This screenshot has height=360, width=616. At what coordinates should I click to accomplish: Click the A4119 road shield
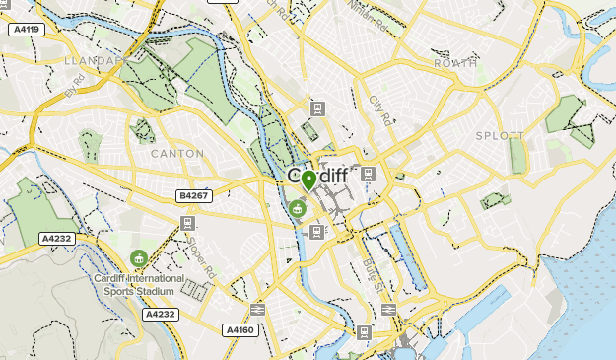pyautogui.click(x=26, y=30)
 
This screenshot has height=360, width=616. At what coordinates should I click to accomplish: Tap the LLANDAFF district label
pyautogui.click(x=91, y=60)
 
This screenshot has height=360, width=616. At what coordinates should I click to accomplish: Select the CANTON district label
pyautogui.click(x=177, y=154)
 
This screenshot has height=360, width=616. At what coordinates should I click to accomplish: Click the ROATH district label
pyautogui.click(x=454, y=63)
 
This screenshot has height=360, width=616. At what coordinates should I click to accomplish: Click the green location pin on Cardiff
pyautogui.click(x=308, y=180)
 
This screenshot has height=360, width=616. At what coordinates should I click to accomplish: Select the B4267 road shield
pyautogui.click(x=194, y=196)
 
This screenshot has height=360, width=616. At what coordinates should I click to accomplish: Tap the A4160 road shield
pyautogui.click(x=240, y=329)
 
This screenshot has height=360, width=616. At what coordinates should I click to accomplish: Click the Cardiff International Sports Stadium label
pyautogui.click(x=139, y=284)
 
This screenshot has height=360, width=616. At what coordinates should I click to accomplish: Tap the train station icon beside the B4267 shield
pyautogui.click(x=186, y=224)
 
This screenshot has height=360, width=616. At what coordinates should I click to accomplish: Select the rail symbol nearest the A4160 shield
pyautogui.click(x=258, y=310)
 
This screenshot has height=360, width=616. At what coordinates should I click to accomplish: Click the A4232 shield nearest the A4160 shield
pyautogui.click(x=160, y=315)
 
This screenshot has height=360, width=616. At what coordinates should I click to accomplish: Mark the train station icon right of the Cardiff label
pyautogui.click(x=368, y=175)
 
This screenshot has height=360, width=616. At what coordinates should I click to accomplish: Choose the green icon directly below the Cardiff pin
pyautogui.click(x=297, y=208)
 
